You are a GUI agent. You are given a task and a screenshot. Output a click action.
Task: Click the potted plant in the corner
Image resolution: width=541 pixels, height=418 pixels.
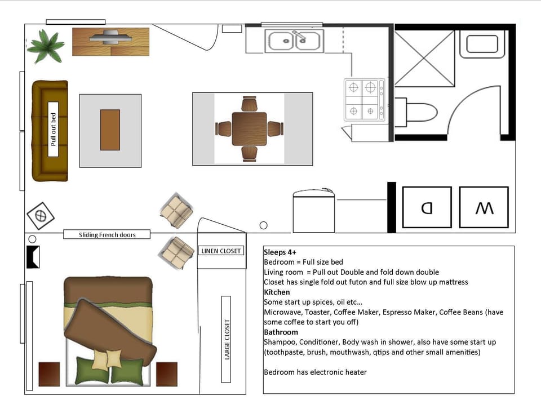[x=45, y=46]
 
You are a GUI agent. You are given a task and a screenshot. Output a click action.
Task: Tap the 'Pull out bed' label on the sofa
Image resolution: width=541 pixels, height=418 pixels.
[x=54, y=130]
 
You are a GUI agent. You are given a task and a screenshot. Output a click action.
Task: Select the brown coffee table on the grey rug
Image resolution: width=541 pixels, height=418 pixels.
[x=110, y=130]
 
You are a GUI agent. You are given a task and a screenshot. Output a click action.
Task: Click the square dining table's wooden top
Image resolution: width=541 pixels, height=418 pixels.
[x=249, y=129]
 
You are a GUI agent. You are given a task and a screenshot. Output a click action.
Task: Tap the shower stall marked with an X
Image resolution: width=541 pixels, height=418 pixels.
[x=424, y=59]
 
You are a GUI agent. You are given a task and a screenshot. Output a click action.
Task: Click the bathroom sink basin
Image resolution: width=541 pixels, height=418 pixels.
[x=482, y=44]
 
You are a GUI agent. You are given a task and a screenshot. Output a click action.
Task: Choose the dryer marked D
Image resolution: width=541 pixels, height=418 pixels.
[x=427, y=207]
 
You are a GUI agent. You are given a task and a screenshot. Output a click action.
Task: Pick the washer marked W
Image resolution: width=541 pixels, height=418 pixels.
[x=484, y=207]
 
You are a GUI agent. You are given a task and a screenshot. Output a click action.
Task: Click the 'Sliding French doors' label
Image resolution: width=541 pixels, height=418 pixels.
[x=107, y=235]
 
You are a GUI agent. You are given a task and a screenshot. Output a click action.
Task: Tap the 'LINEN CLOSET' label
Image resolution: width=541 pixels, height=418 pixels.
[x=221, y=251]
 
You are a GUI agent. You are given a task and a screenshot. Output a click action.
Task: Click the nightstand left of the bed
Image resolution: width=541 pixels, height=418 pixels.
[x=49, y=374]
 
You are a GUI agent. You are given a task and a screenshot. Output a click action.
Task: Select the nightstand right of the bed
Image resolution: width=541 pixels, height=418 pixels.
[x=167, y=374]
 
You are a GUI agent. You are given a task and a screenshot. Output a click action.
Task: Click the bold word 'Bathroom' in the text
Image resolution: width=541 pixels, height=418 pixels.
[x=281, y=332]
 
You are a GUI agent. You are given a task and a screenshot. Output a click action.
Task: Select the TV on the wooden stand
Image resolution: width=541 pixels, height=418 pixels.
[x=110, y=38]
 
